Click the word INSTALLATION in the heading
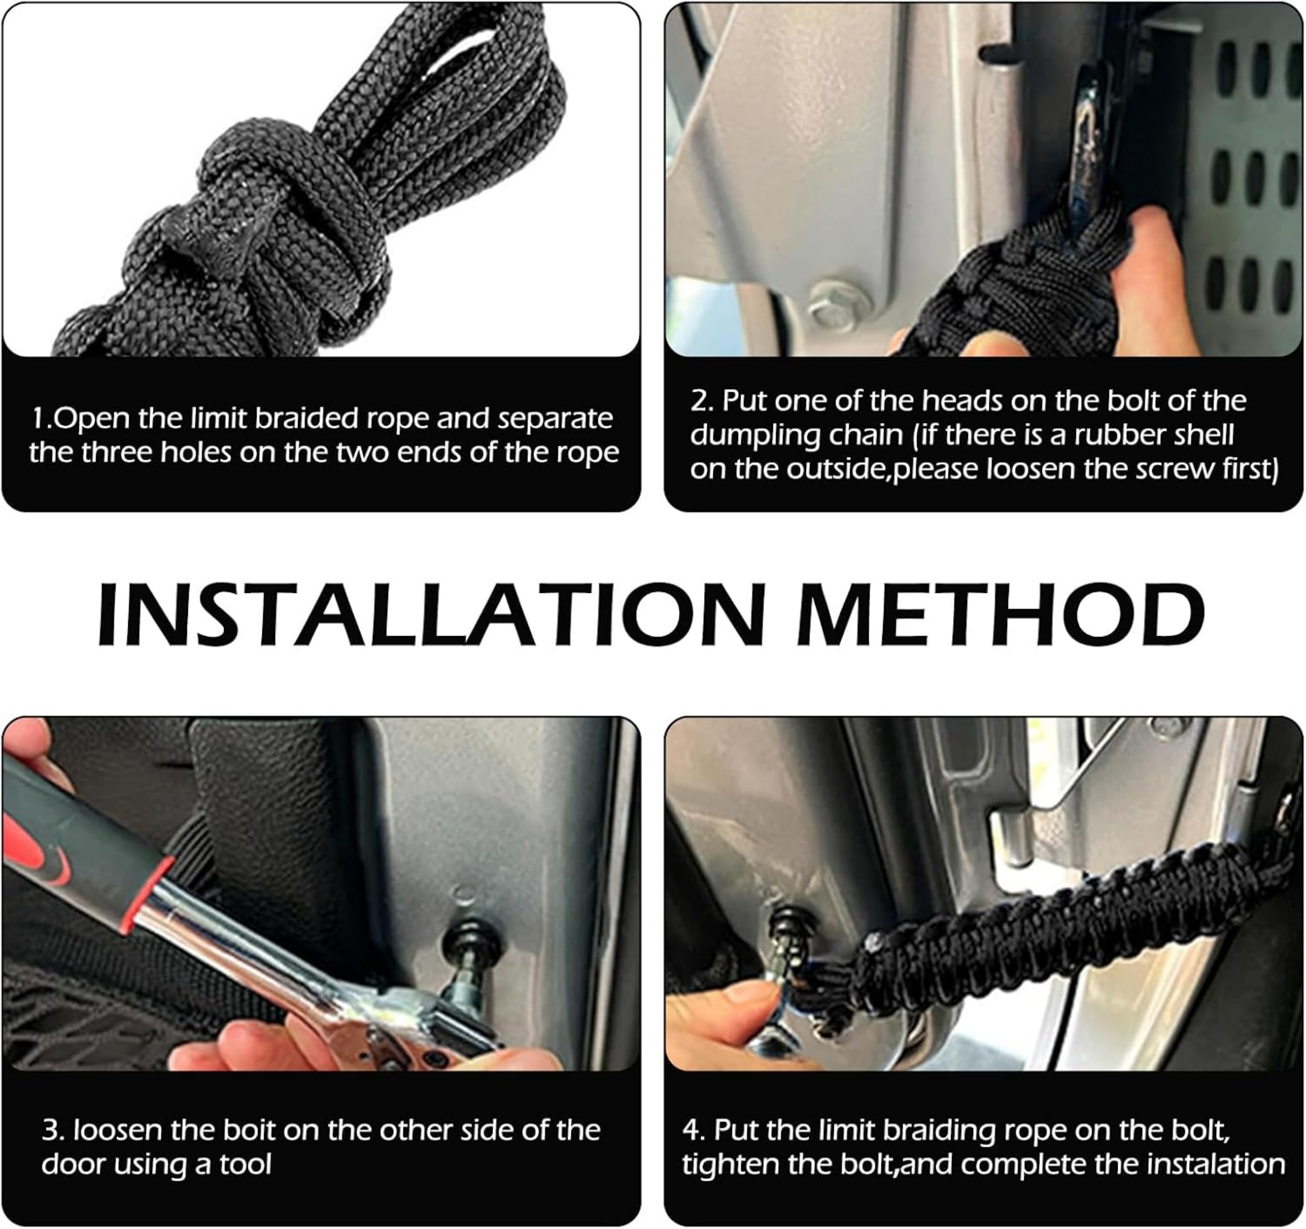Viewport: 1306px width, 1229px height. pos(431,615)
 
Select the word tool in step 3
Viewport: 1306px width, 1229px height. pos(245,1164)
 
